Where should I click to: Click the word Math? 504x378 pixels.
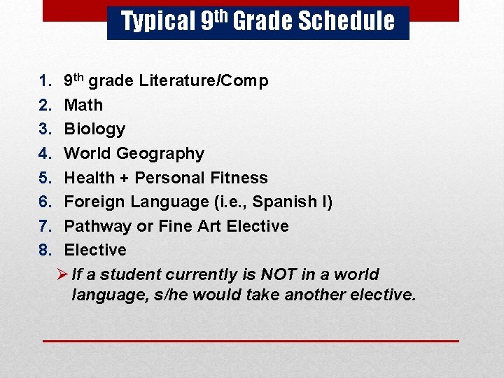tap(83, 105)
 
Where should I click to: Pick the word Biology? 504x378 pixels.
tap(94, 129)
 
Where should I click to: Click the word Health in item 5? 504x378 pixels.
tap(90, 178)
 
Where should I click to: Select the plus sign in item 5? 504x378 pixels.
tap(125, 178)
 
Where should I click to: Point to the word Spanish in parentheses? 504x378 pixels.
tap(284, 202)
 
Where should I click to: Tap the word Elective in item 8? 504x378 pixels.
tap(95, 250)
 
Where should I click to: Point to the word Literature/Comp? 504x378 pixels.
tap(203, 81)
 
